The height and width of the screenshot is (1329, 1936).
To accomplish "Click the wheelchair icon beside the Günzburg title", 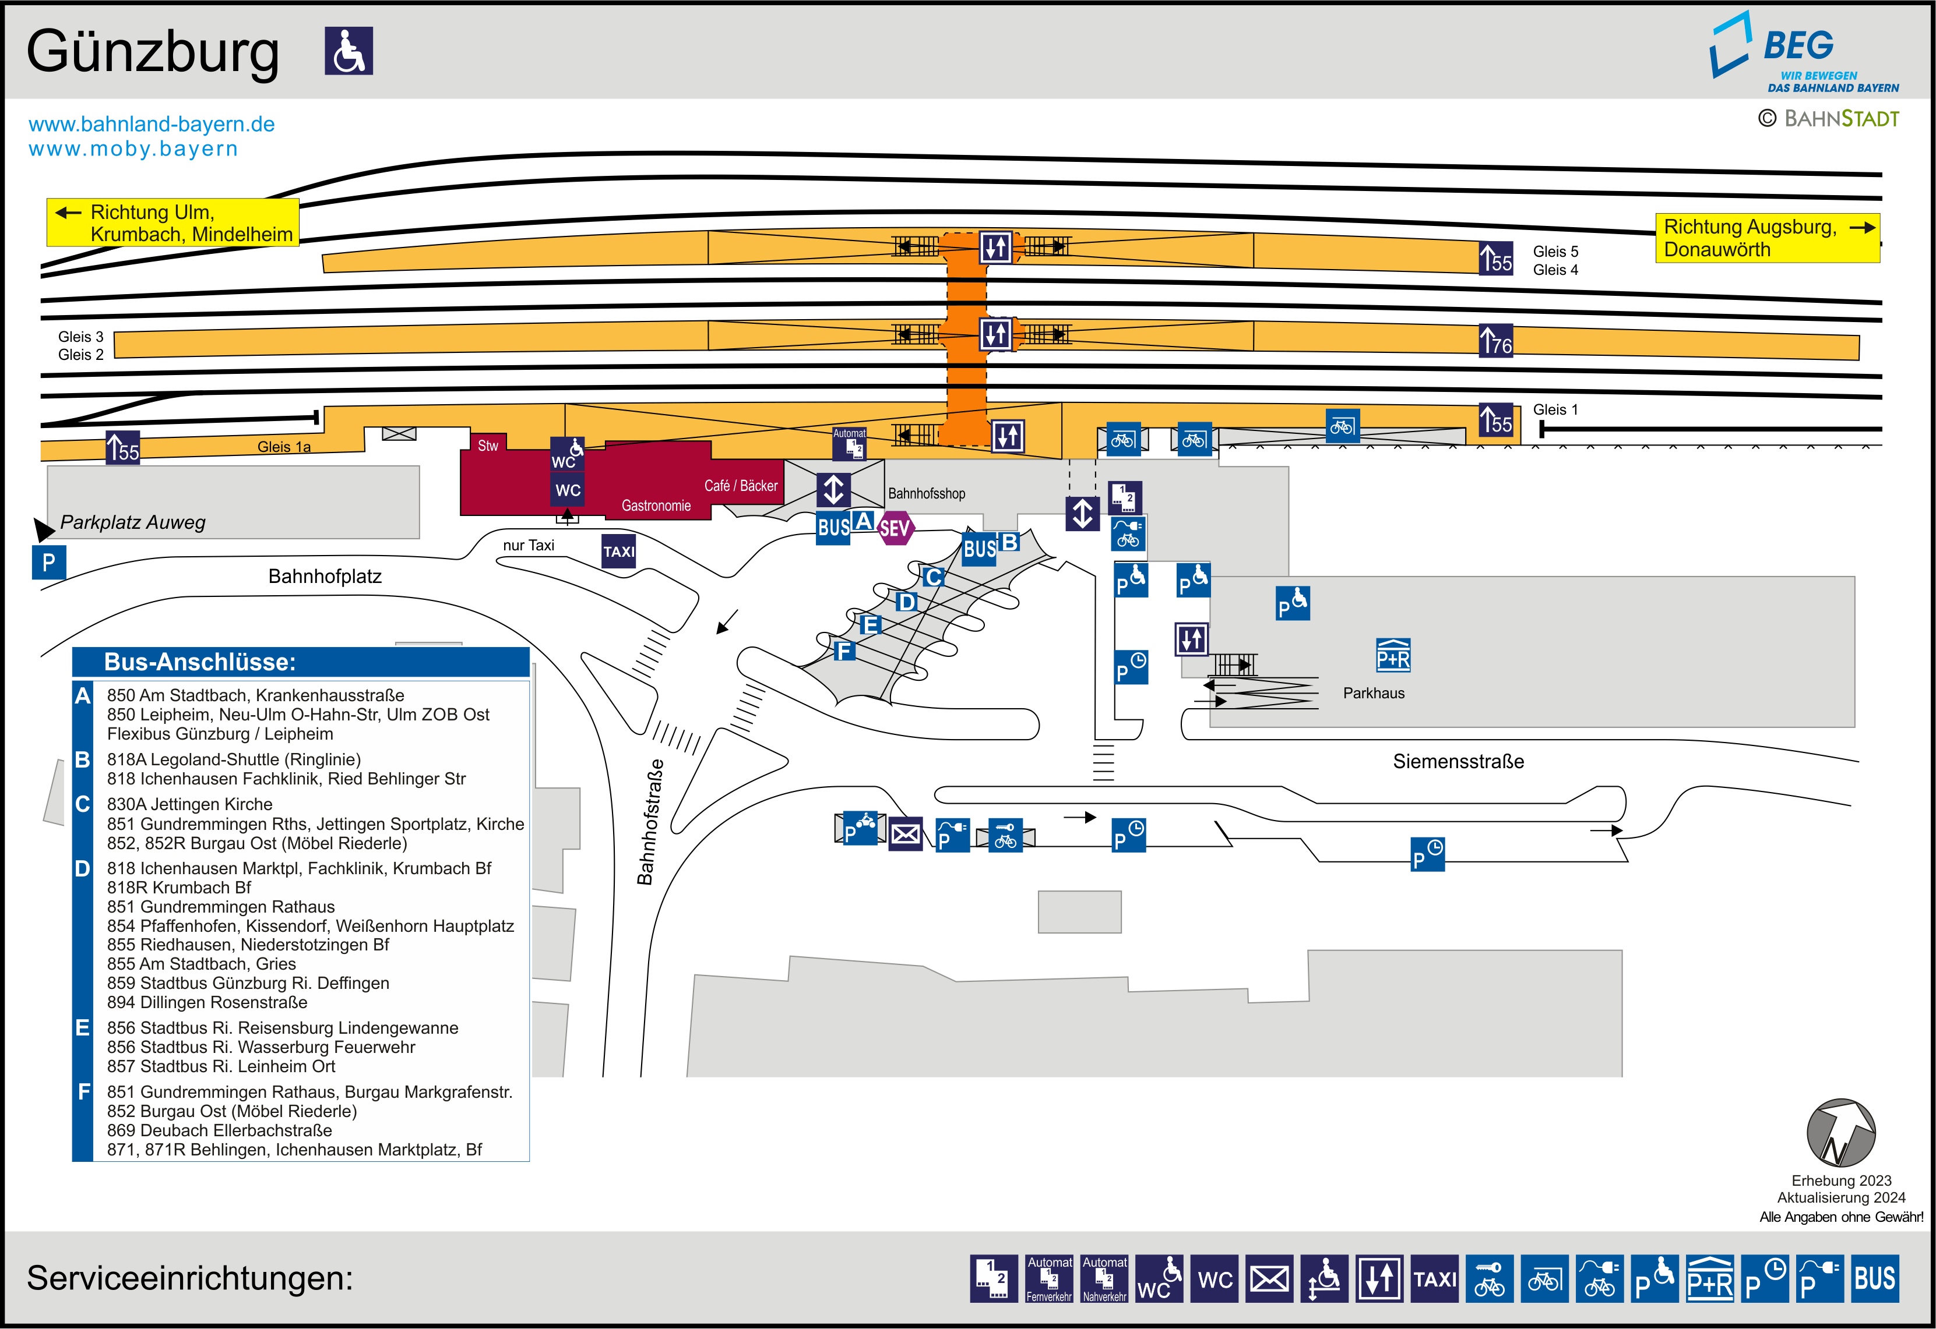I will coord(349,51).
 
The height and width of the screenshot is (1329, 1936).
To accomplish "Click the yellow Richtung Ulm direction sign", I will coord(173,222).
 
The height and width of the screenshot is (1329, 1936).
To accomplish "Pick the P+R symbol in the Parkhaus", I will coord(1393,656).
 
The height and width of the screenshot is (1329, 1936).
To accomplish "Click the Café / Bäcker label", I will coord(741,486).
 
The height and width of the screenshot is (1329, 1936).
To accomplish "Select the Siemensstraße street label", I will coord(1458,761).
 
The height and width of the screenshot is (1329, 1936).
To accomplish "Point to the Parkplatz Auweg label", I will coord(132,522).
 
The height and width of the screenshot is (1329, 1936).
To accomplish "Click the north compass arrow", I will coord(1840,1133).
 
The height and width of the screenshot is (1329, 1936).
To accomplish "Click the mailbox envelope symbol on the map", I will coord(906,833).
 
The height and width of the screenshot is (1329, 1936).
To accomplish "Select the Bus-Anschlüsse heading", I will coord(200,662).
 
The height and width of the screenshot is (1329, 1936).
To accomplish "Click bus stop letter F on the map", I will coord(844,651).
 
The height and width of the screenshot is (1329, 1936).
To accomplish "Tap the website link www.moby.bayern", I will coord(133,149).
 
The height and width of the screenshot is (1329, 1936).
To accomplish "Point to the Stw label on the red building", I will coord(487,446).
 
